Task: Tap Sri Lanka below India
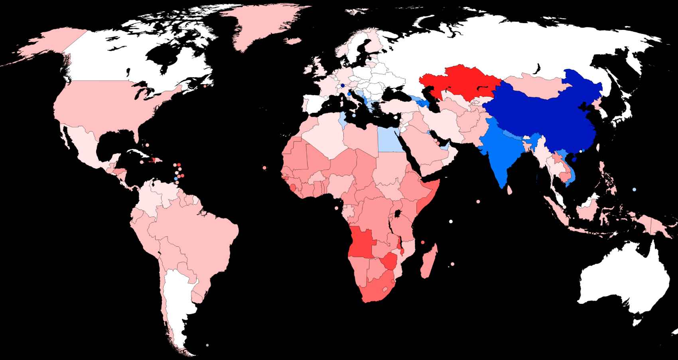(510, 191)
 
